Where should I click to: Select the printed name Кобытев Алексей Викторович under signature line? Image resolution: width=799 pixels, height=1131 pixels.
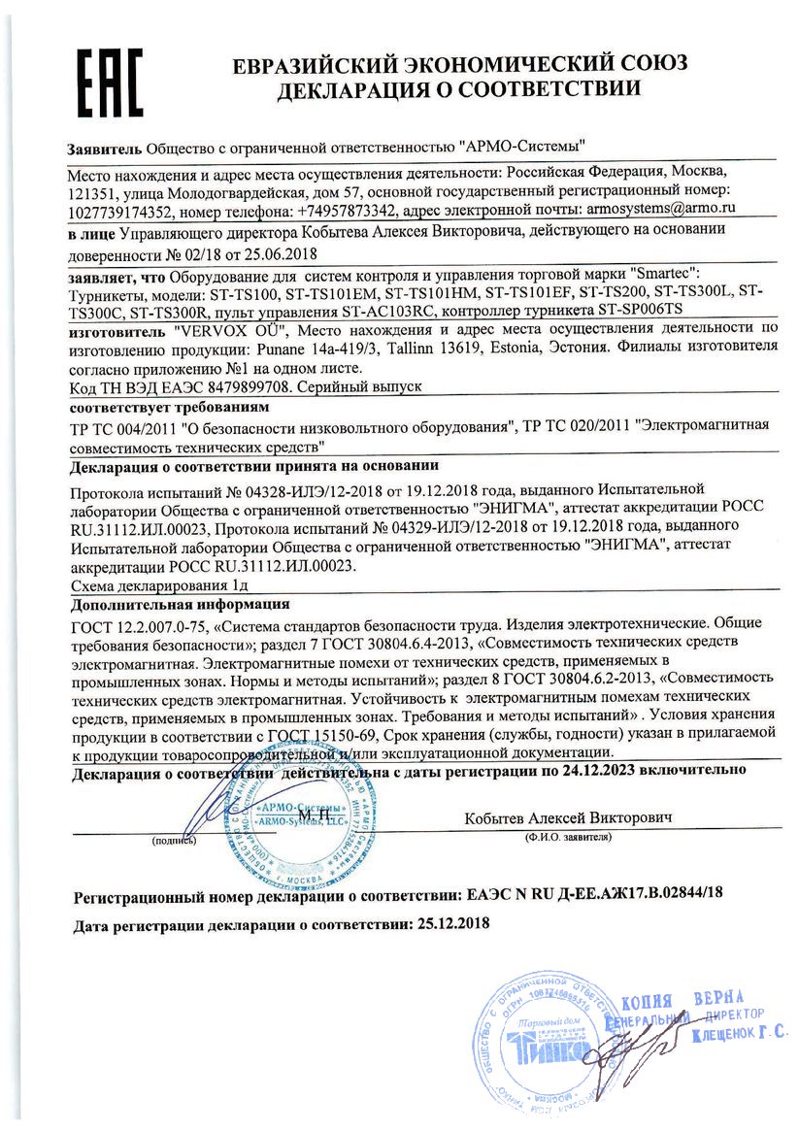(568, 817)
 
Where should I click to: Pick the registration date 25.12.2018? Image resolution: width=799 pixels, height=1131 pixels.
(451, 922)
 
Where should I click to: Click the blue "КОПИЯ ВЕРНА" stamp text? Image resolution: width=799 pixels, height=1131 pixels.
(681, 1002)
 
